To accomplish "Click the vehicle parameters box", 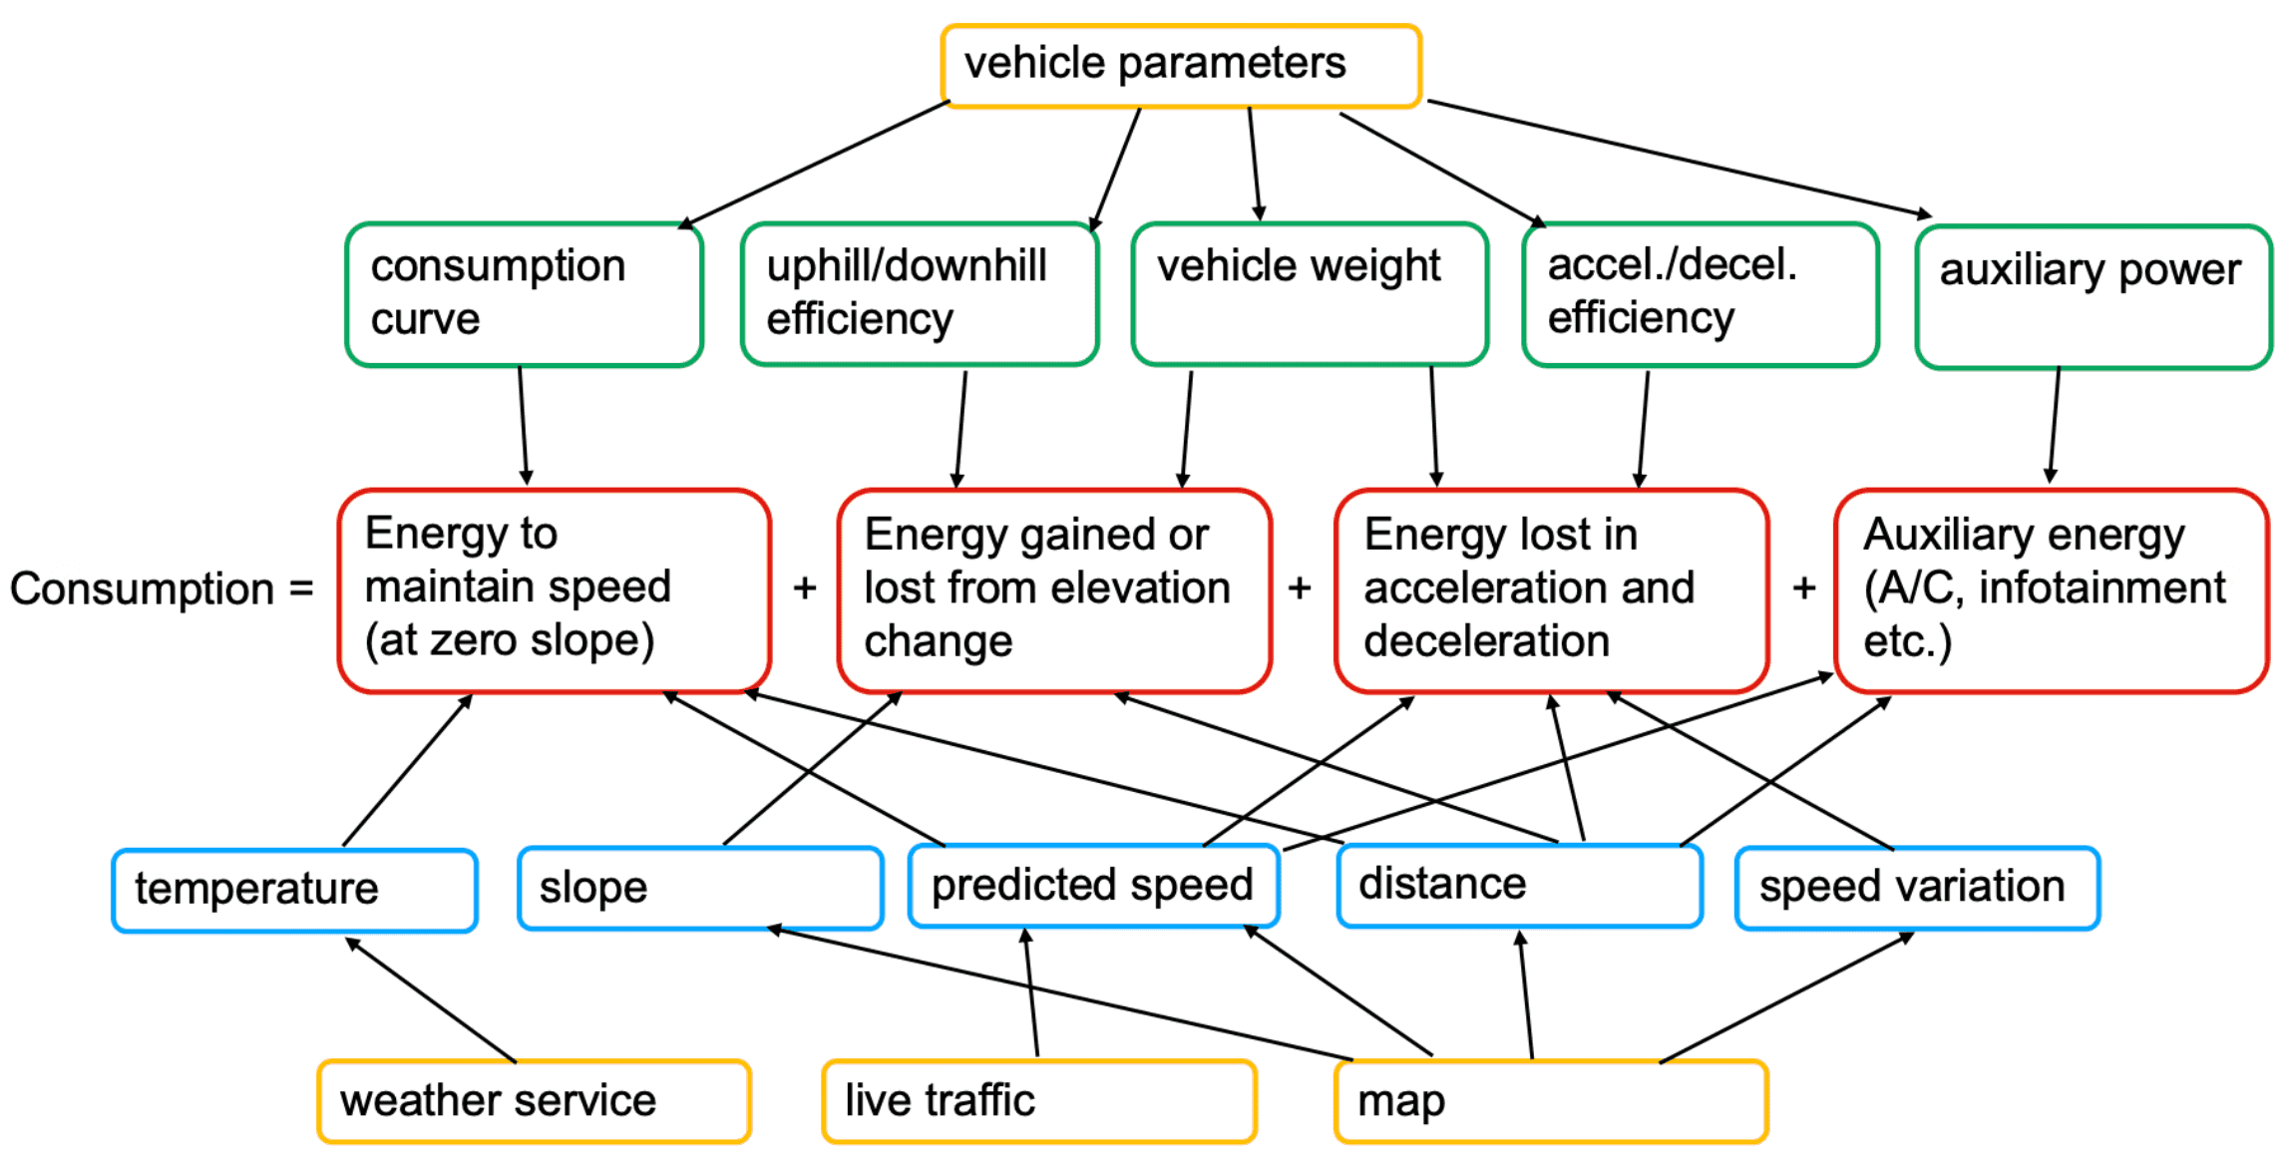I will tap(1181, 66).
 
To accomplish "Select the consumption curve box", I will tap(525, 294).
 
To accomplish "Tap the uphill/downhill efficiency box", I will tap(919, 294).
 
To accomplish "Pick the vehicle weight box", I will tap(1310, 294).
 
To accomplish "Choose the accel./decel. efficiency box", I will tap(1701, 294).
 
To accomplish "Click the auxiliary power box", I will tap(2094, 296).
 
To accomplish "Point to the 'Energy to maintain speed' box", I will tap(555, 589).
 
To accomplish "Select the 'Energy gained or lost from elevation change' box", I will tap(1054, 589).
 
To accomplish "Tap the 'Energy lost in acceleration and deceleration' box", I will tap(1552, 589).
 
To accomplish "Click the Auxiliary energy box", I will tap(2052, 589).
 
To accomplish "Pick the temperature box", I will tap(295, 890).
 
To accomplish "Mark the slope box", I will tap(700, 888).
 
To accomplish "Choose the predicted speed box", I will tap(1094, 886).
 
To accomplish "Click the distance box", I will tap(1519, 886).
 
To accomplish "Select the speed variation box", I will tap(1917, 888).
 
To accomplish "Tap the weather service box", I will tap(534, 1101).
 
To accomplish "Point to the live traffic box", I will tap(1038, 1101).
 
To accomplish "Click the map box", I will tap(1551, 1101).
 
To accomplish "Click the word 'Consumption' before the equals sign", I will tap(142, 589).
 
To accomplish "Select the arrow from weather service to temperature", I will tap(431, 999).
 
